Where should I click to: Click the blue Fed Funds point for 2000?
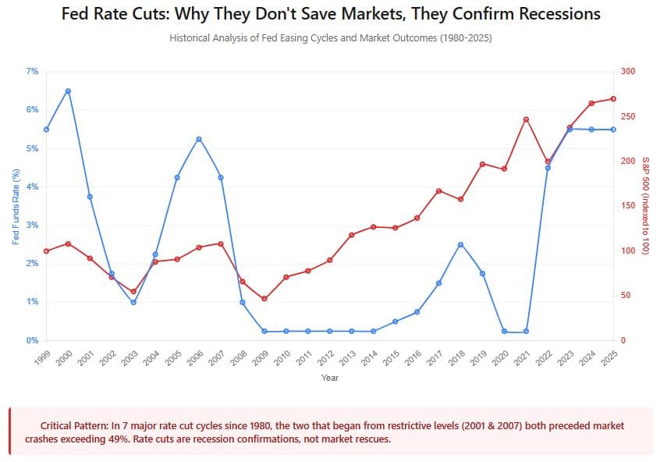point(68,91)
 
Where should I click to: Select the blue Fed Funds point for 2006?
point(199,139)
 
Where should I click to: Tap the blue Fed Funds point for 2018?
point(461,244)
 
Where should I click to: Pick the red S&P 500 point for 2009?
point(264,299)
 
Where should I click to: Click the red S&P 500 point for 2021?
point(527,119)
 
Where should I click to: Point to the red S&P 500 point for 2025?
point(613,98)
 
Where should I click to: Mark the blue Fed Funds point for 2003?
point(133,302)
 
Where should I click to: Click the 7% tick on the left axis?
point(32,71)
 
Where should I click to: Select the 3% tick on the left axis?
point(32,226)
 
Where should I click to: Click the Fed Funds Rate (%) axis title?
point(15,206)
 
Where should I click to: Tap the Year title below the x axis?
point(330,378)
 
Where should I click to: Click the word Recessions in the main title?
point(551,14)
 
